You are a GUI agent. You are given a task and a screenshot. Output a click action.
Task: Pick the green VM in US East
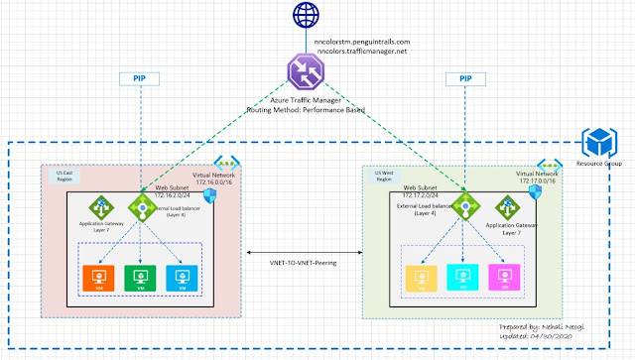click(x=140, y=277)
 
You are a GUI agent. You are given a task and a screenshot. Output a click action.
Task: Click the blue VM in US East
click(x=182, y=277)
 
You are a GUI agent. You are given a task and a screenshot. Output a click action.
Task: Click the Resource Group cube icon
click(x=599, y=140)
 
